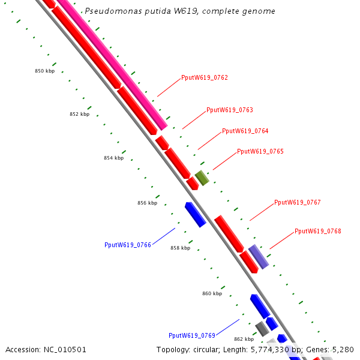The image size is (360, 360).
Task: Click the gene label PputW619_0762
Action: point(205,78)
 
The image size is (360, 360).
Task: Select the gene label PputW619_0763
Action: point(230,110)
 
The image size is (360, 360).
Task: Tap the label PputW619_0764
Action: point(245,131)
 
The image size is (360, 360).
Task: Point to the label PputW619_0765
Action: point(260,152)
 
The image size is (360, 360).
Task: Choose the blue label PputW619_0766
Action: point(128,245)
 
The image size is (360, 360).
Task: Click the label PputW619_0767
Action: point(298,203)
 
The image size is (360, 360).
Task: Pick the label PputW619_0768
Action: point(318,232)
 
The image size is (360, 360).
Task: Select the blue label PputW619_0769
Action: point(192,336)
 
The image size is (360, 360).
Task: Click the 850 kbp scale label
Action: point(45,71)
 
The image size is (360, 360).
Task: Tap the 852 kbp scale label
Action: point(79,114)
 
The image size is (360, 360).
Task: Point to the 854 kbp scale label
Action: point(114,158)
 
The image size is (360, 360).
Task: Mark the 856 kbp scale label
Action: point(148,203)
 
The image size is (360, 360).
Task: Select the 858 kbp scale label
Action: point(181,248)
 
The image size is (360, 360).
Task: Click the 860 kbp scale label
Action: point(212,293)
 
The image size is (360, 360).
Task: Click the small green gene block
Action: point(202,178)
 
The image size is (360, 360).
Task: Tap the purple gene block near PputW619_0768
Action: point(259,257)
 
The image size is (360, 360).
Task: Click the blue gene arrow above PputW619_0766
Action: point(196,214)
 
